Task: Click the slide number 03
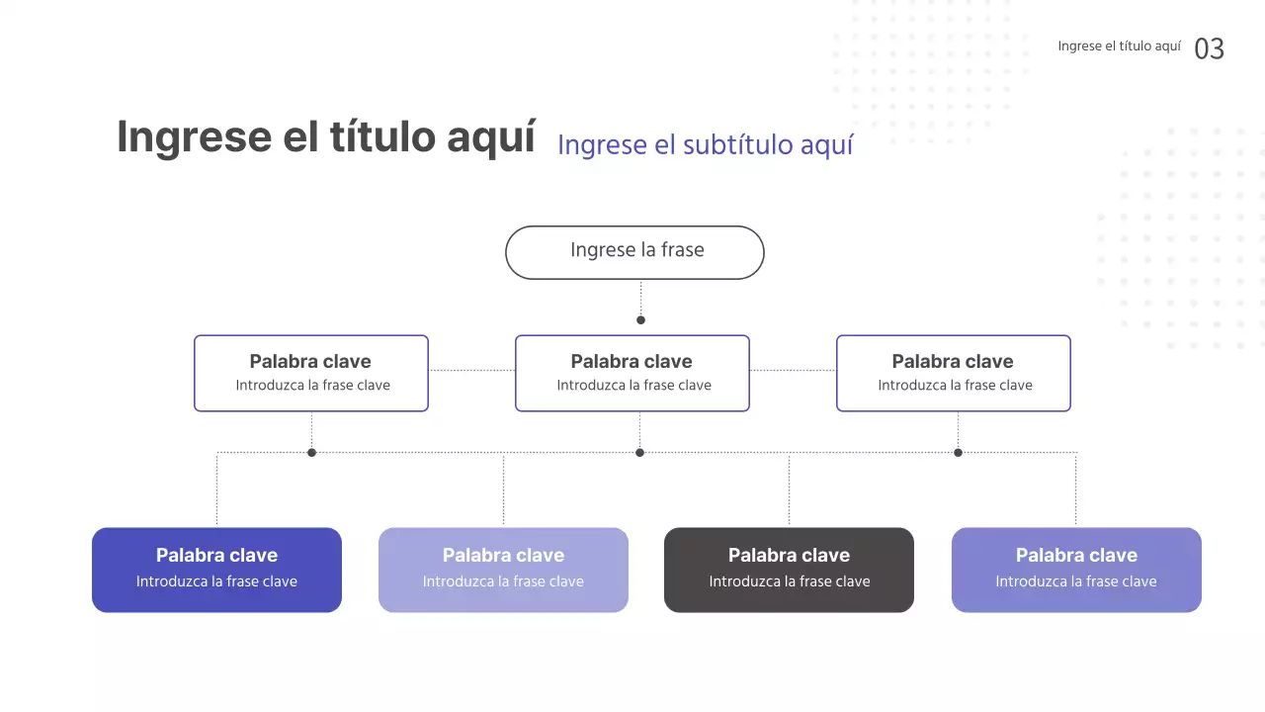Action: pos(1209,48)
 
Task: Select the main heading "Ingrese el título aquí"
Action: pos(326,136)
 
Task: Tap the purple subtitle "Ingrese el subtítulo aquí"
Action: pos(705,144)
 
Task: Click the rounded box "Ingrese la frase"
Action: pos(634,252)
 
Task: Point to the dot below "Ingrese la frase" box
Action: pos(640,319)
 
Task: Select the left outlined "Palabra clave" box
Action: pos(311,373)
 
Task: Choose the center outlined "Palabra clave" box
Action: pos(632,373)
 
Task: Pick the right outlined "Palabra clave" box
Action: pos(954,373)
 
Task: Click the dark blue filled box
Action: pos(216,570)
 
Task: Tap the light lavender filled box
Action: pos(503,570)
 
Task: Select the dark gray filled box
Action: pos(789,570)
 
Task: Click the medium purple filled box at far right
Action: pos(1076,570)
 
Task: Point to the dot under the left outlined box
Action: pos(311,452)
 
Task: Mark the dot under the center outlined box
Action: pos(639,452)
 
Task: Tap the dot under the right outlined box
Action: pos(958,452)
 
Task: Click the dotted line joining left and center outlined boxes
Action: pos(471,370)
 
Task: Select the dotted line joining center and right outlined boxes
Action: pos(793,370)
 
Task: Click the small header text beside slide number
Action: pos(1119,46)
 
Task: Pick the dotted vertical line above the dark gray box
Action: pos(789,489)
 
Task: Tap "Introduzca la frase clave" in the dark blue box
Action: pos(216,581)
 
